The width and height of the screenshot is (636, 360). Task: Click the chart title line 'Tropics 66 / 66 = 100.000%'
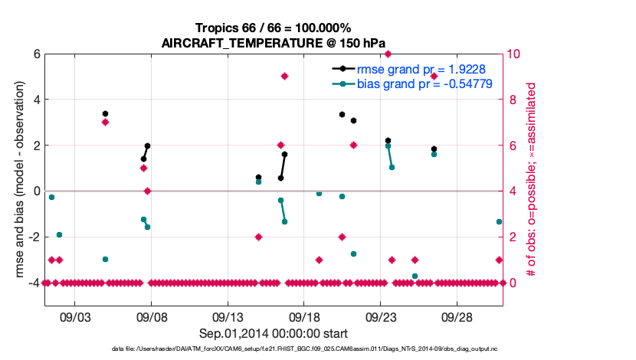click(273, 28)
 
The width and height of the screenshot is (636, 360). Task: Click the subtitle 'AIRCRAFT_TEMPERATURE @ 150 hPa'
click(273, 43)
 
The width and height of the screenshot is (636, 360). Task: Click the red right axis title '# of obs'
click(541, 179)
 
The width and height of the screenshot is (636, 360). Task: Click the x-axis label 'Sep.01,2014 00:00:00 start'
click(273, 333)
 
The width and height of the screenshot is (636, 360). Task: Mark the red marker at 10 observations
click(388, 54)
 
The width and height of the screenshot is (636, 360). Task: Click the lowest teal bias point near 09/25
click(415, 276)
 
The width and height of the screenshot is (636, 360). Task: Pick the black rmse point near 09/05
click(105, 113)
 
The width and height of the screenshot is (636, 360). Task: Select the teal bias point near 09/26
click(434, 154)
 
